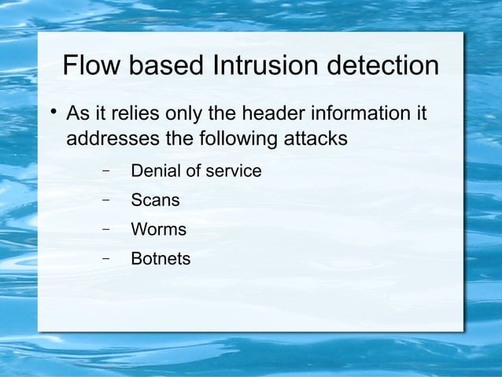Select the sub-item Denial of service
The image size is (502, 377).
196,171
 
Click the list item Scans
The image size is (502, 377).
155,201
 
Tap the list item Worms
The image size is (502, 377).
158,230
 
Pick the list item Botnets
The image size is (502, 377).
161,259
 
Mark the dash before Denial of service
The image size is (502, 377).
105,170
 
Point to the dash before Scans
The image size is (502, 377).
105,199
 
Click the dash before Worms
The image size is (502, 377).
105,229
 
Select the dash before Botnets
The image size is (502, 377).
105,257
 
